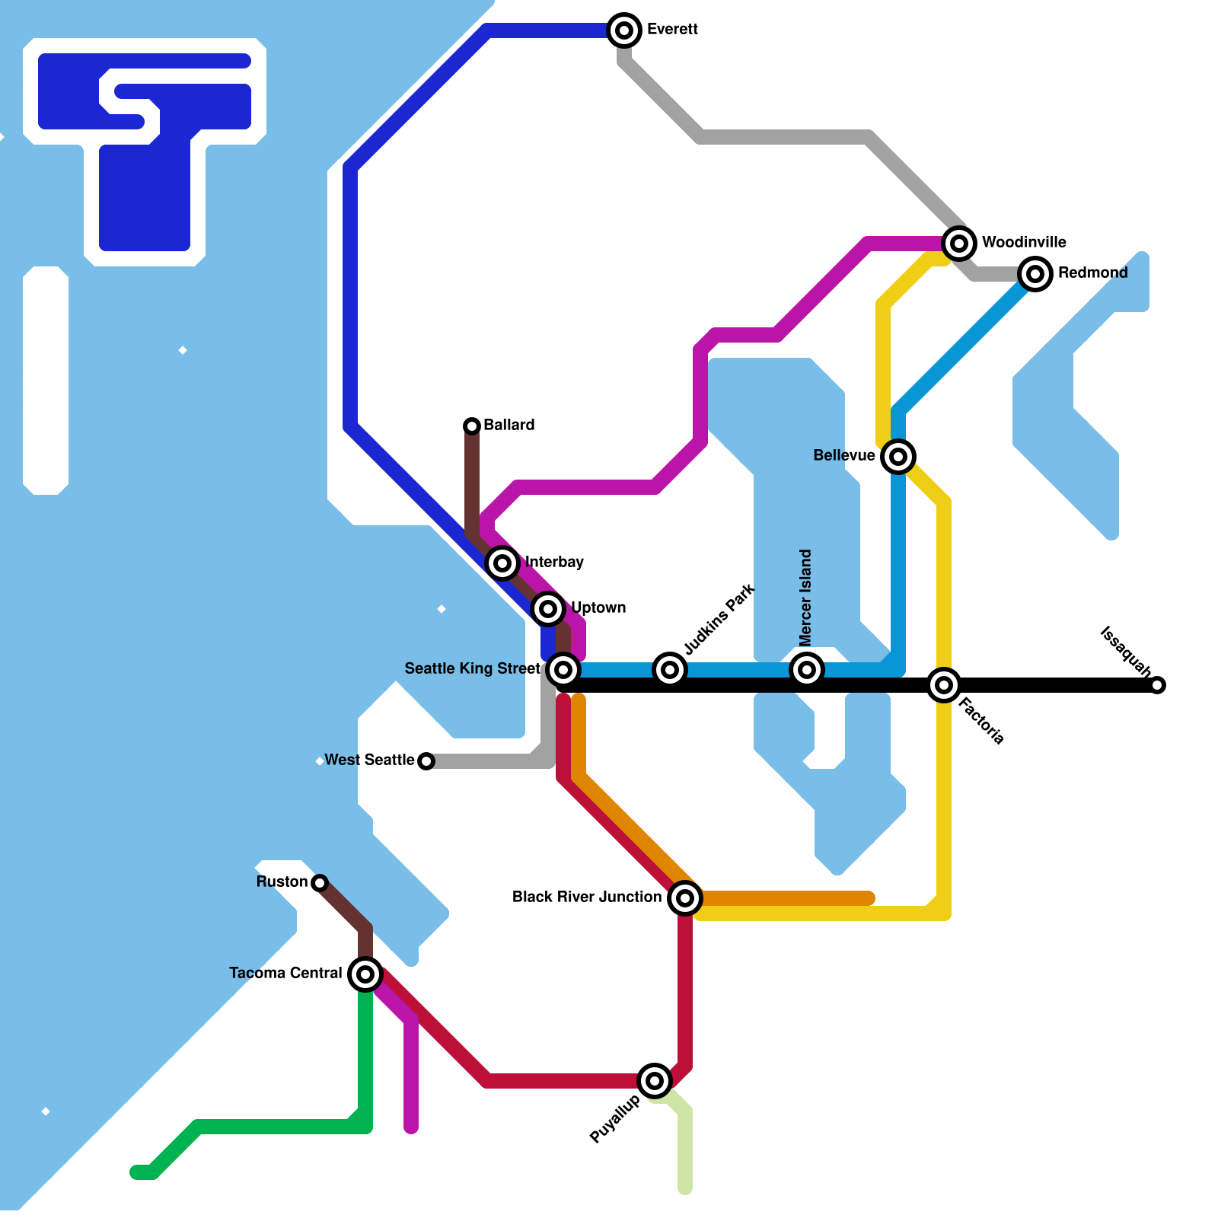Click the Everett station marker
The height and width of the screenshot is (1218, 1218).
pyautogui.click(x=624, y=30)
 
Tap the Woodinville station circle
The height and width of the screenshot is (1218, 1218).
pyautogui.click(x=959, y=244)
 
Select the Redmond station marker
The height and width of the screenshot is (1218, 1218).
pyautogui.click(x=1035, y=273)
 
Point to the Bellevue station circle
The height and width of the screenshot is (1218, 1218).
pyautogui.click(x=898, y=457)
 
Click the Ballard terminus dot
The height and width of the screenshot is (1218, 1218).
pyautogui.click(x=472, y=426)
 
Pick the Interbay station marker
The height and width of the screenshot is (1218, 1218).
pyautogui.click(x=502, y=563)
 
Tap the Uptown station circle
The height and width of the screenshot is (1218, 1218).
pyautogui.click(x=548, y=608)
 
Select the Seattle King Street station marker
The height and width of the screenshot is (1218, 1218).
pyautogui.click(x=563, y=670)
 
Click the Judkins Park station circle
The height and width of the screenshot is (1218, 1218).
pyautogui.click(x=670, y=670)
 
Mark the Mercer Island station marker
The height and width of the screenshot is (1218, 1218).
pyautogui.click(x=807, y=670)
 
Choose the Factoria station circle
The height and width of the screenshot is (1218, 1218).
pyautogui.click(x=944, y=685)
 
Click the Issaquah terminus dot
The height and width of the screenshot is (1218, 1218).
pyautogui.click(x=1157, y=685)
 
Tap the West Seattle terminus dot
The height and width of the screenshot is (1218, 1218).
pyautogui.click(x=426, y=761)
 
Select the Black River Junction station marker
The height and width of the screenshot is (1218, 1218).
pyautogui.click(x=685, y=898)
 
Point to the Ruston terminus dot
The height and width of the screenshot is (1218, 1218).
pyautogui.click(x=320, y=883)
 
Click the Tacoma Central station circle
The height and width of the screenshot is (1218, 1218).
pyautogui.click(x=365, y=974)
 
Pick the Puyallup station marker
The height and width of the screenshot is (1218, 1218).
pyautogui.click(x=655, y=1080)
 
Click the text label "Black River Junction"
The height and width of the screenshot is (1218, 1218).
pyautogui.click(x=587, y=897)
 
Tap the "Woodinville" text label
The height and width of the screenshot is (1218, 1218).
pyautogui.click(x=1024, y=242)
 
